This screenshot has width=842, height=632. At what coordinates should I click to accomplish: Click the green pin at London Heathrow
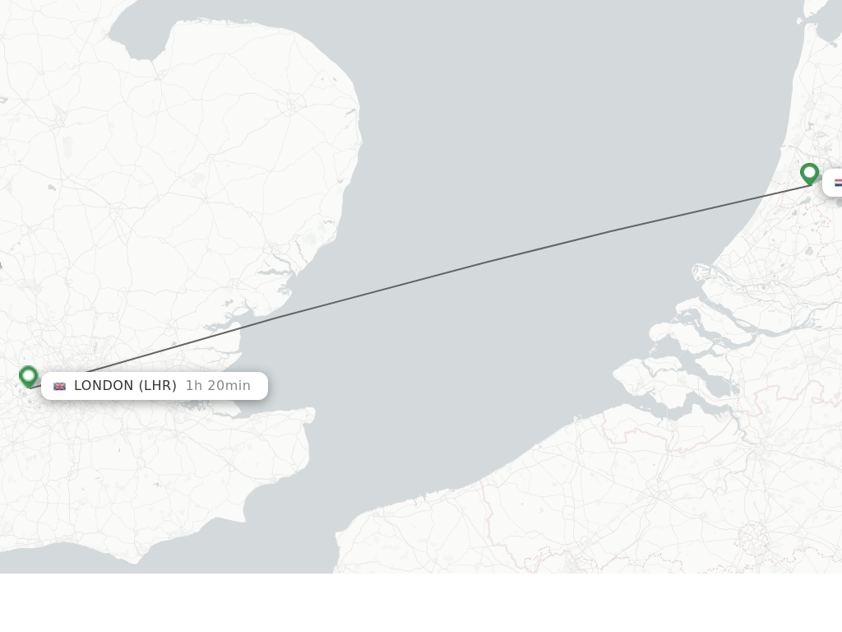(x=29, y=376)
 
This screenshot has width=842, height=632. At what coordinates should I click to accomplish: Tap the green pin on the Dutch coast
(x=809, y=173)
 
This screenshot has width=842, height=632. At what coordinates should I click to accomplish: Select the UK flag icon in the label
(x=59, y=386)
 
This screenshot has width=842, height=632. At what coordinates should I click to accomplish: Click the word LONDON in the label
(x=104, y=386)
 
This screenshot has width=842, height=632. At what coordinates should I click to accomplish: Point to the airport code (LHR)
(x=157, y=386)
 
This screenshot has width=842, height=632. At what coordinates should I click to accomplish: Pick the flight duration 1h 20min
(x=218, y=386)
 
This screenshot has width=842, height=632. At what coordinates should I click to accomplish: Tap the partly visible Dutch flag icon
(x=838, y=183)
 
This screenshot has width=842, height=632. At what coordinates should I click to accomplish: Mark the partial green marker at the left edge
(x=0, y=265)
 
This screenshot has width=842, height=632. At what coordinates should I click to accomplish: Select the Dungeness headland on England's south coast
(x=246, y=518)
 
